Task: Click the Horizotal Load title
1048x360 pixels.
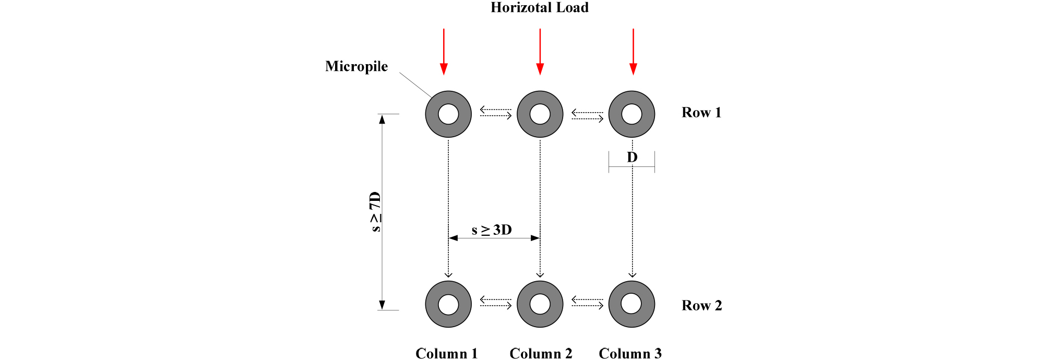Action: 539,8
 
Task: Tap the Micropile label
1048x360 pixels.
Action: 356,66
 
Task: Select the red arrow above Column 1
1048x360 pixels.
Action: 444,52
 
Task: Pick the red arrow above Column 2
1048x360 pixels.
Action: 540,52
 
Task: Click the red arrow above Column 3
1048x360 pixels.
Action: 633,52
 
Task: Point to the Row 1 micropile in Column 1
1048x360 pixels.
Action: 448,114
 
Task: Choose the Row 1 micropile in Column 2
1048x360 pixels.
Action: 540,114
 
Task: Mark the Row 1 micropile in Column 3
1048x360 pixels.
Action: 632,114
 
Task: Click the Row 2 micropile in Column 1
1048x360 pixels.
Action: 448,304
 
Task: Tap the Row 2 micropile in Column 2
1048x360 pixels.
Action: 540,304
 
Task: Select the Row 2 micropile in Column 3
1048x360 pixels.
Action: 632,304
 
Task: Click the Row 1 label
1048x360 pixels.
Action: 701,113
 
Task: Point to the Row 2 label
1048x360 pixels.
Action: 701,306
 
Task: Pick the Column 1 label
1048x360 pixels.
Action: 447,354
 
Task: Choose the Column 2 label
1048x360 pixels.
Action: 541,354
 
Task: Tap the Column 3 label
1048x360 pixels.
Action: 630,354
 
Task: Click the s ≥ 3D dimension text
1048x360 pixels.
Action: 492,230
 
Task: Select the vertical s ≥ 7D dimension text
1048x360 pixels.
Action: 375,212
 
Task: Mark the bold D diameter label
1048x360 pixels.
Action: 632,157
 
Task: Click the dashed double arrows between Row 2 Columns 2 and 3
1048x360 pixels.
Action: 587,302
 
